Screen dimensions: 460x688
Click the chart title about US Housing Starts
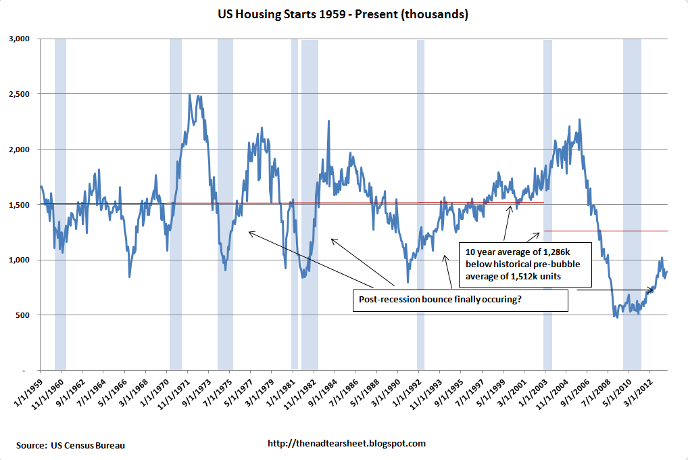pos(344,14)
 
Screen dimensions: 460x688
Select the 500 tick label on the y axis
pos(27,315)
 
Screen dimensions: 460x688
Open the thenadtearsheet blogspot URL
pos(347,444)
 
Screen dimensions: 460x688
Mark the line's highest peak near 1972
pos(189,95)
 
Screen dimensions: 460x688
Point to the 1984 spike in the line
pos(328,121)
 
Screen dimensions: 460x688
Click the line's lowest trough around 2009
pos(616,317)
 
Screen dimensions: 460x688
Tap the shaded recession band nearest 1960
pos(60,203)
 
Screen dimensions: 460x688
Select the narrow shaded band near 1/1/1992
pos(420,203)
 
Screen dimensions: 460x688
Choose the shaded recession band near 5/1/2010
pos(632,203)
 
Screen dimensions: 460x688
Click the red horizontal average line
pos(203,202)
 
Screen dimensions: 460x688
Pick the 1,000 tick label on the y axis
pos(24,260)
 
